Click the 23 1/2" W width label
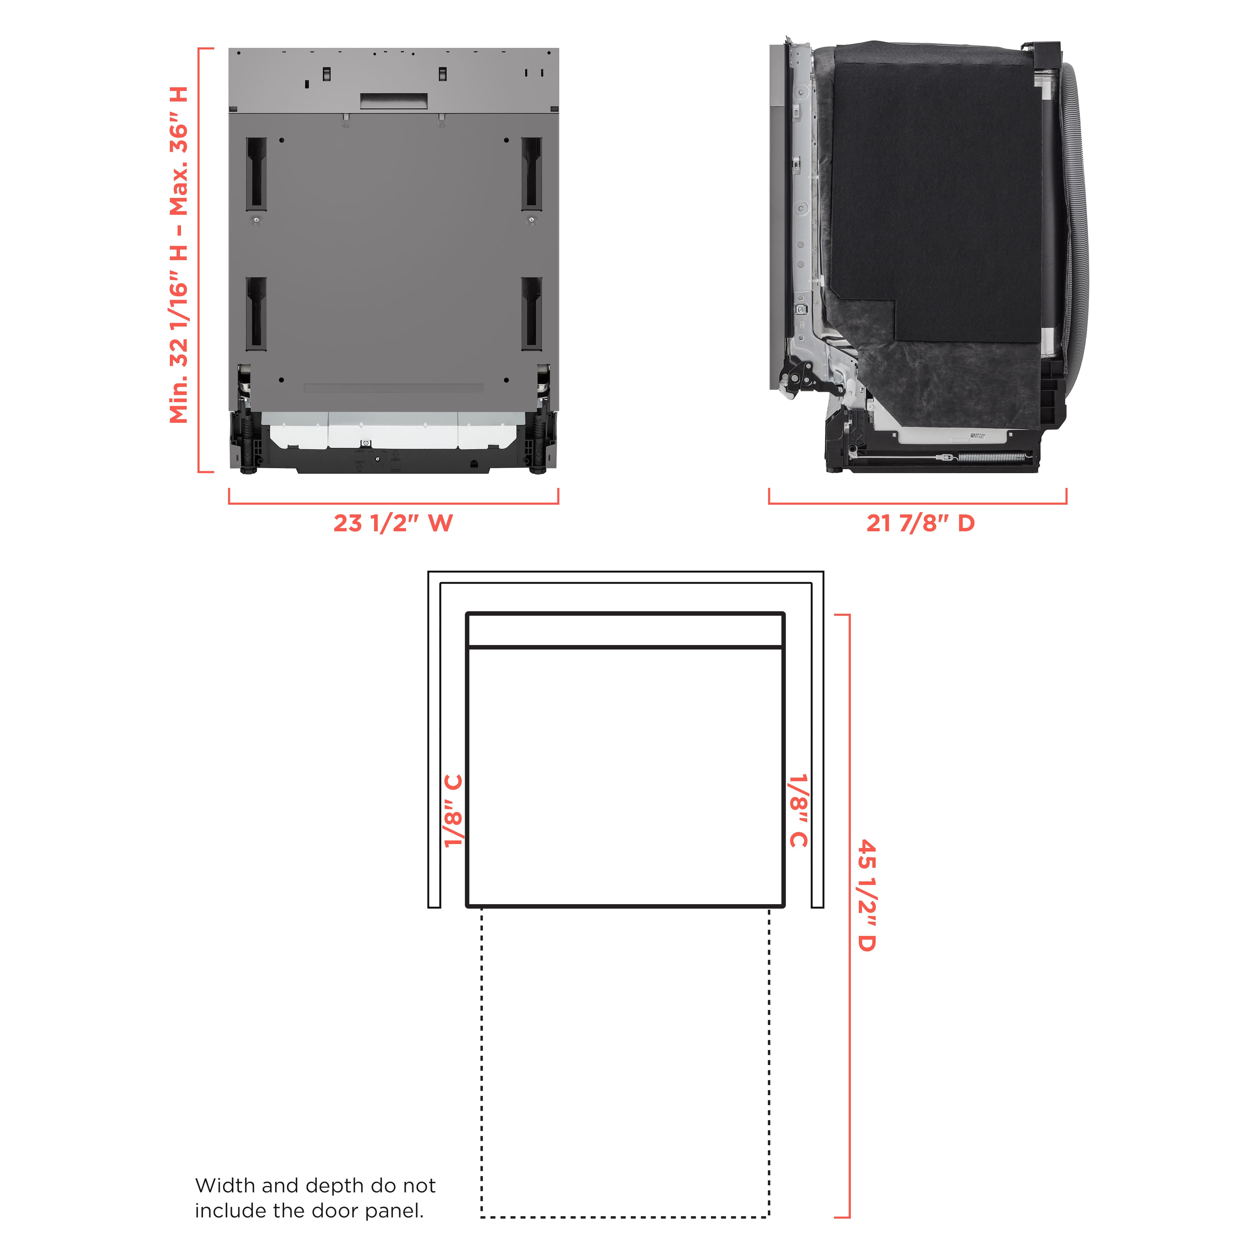[x=393, y=523]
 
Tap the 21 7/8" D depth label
[x=920, y=523]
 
